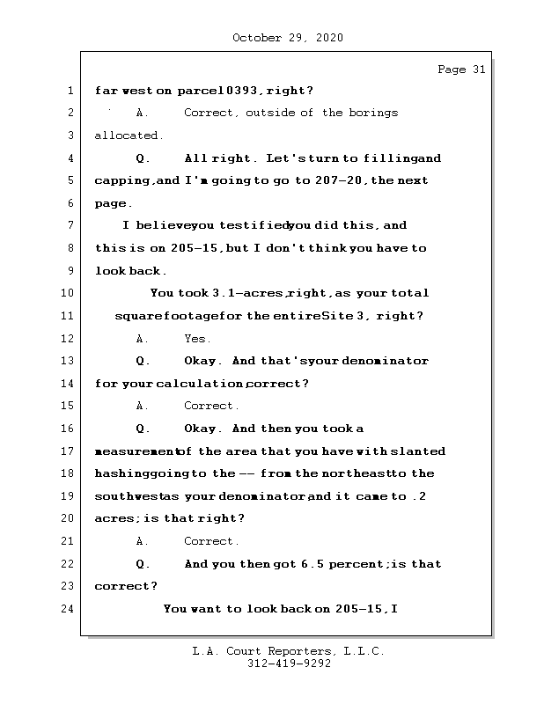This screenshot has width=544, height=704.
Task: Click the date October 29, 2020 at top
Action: pyautogui.click(x=288, y=38)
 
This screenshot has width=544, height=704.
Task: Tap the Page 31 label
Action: pyautogui.click(x=461, y=70)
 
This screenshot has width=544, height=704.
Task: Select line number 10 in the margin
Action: pyautogui.click(x=69, y=293)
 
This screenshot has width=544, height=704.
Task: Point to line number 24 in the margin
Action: pyautogui.click(x=69, y=608)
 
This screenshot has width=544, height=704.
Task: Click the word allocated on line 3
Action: pyautogui.click(x=129, y=136)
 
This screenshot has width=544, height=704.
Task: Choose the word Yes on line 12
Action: pyautogui.click(x=197, y=339)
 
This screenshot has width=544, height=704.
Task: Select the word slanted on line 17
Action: pyautogui.click(x=414, y=451)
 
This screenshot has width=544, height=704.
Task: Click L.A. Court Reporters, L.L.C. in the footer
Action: pyautogui.click(x=288, y=652)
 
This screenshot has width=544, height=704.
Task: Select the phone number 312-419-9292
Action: pyautogui.click(x=288, y=664)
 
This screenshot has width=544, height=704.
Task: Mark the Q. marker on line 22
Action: pyautogui.click(x=142, y=563)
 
